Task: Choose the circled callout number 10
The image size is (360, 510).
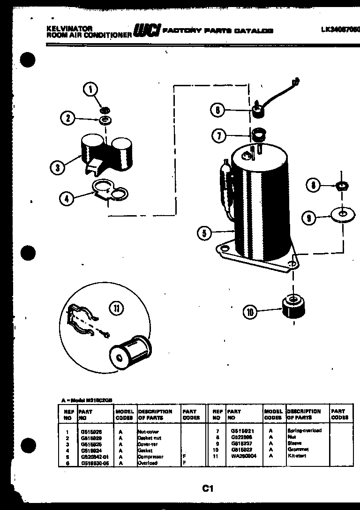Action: coord(250,312)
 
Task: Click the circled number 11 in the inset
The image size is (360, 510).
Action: coord(116,308)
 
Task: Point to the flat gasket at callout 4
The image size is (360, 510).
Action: coord(109,190)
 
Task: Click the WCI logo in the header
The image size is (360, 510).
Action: coord(147,31)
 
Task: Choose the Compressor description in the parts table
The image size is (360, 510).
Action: coord(150,456)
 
